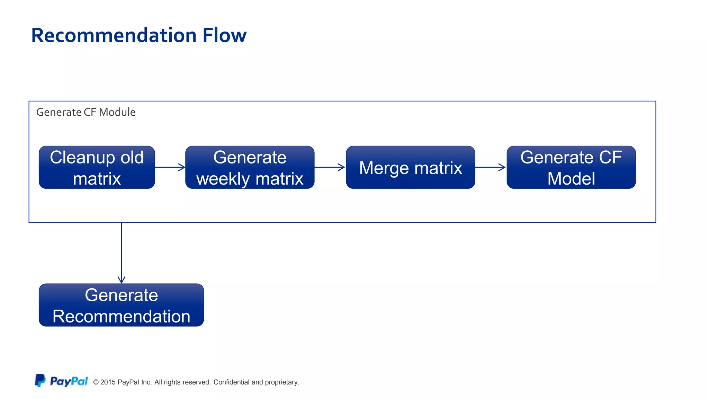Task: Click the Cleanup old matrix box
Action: (x=97, y=167)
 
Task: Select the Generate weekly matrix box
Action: (x=250, y=167)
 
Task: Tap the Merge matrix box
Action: (x=410, y=167)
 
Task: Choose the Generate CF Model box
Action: (x=571, y=167)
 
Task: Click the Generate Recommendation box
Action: (x=121, y=305)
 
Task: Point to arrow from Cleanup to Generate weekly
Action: (x=170, y=167)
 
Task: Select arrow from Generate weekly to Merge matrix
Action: (x=330, y=167)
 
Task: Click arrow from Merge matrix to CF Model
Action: (x=491, y=167)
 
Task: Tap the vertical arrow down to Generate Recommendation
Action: (x=122, y=253)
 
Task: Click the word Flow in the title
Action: (x=224, y=35)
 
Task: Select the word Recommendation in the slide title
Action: (x=114, y=35)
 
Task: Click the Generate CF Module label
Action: (x=86, y=112)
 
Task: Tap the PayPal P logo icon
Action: (x=40, y=380)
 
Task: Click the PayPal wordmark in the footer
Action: (x=69, y=381)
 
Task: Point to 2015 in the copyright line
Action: (x=108, y=382)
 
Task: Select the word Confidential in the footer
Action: (x=231, y=382)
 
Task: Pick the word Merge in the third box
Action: (x=384, y=168)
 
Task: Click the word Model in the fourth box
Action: (x=571, y=179)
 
